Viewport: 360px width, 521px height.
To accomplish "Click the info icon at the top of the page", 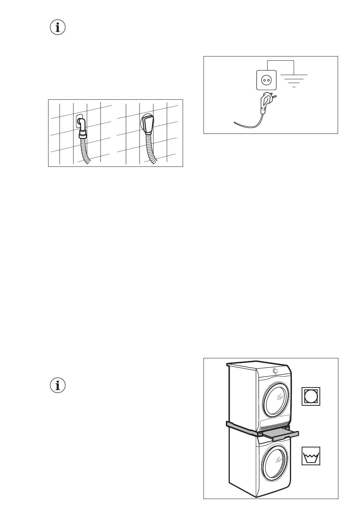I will click(x=58, y=28).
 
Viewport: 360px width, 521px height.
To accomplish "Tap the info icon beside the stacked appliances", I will click(x=58, y=385).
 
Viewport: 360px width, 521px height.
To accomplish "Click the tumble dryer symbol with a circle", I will click(x=311, y=396).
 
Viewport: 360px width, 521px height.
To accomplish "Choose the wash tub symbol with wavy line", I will click(x=311, y=456).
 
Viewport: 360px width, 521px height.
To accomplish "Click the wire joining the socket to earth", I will click(x=280, y=61).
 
